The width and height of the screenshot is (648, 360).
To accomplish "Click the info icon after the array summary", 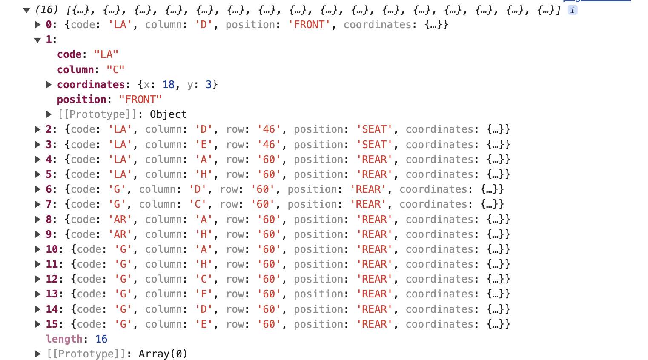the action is coord(573,10).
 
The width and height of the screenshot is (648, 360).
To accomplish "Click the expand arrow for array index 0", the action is coord(37,25).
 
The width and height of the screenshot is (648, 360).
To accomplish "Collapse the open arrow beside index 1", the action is coord(37,40).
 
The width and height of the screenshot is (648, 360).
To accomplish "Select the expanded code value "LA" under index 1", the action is coord(106,54).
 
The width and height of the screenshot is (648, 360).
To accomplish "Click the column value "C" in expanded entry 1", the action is coord(115,69).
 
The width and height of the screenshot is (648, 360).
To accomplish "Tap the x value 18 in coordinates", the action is coord(168,85).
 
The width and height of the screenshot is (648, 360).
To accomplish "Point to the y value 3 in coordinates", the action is coord(209,85).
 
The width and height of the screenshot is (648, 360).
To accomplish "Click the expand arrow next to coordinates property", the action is coord(49,85).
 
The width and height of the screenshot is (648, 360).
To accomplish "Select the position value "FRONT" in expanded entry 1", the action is coord(140,100).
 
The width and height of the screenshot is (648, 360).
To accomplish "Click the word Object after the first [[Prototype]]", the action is coord(168,114).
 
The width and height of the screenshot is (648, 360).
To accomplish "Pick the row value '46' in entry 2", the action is coord(269,129).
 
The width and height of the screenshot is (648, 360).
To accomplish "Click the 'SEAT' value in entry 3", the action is coord(374,145).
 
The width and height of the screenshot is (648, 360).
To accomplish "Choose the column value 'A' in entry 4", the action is coord(204,160).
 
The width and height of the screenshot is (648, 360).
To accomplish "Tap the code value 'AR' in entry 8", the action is coord(120,220).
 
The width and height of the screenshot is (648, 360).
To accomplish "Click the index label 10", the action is coord(52,249).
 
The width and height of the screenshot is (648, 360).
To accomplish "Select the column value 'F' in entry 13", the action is coord(204,294).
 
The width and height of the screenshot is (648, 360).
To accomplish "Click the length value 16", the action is coord(101,339).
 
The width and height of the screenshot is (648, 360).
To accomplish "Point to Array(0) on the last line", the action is coord(163,354).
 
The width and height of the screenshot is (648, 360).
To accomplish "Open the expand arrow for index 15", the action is coord(37,324).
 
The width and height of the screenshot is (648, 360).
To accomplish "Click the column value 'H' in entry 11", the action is coord(204,264).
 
